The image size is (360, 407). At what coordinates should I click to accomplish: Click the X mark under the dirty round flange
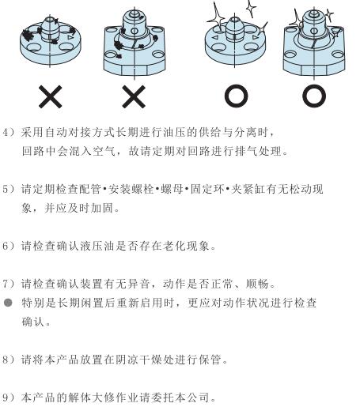pyautogui.click(x=51, y=96)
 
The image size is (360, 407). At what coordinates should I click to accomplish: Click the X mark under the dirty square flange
pyautogui.click(x=134, y=96)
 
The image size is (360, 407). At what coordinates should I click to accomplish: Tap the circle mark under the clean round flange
pyautogui.click(x=236, y=96)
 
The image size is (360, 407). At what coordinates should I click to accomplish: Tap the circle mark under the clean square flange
pyautogui.click(x=314, y=96)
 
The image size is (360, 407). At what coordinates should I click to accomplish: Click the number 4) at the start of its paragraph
pyautogui.click(x=9, y=132)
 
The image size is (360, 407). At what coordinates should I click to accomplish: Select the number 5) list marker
pyautogui.click(x=9, y=189)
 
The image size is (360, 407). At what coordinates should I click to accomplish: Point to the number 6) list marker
pyautogui.click(x=9, y=246)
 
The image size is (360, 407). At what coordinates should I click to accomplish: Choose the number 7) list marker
pyautogui.click(x=9, y=284)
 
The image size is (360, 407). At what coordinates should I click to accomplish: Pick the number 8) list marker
pyautogui.click(x=9, y=360)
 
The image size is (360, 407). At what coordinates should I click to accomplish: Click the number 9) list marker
pyautogui.click(x=9, y=398)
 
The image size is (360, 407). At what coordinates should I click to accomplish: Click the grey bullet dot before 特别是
pyautogui.click(x=9, y=303)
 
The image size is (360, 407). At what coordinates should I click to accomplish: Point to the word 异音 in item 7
pyautogui.click(x=139, y=284)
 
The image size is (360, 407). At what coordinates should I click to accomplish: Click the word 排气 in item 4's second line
pyautogui.click(x=246, y=151)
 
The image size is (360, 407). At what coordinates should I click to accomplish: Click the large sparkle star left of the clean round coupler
pyautogui.click(x=216, y=17)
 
